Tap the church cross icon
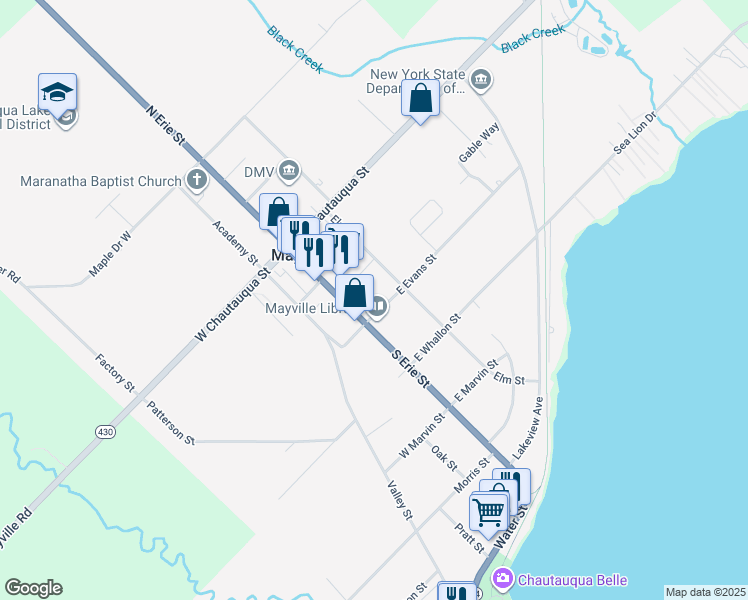pyautogui.click(x=197, y=181)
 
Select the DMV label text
pyautogui.click(x=259, y=172)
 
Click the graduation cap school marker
pyautogui.click(x=58, y=93)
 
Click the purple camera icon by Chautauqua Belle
pyautogui.click(x=504, y=579)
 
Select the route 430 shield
pyautogui.click(x=105, y=431)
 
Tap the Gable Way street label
pyautogui.click(x=478, y=145)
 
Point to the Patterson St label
pyautogui.click(x=170, y=422)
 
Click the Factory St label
pyautogui.click(x=115, y=371)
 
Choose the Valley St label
pyautogui.click(x=400, y=500)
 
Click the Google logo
pyautogui.click(x=33, y=588)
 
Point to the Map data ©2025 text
pyautogui.click(x=706, y=592)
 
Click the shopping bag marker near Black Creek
pyautogui.click(x=421, y=100)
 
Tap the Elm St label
pyautogui.click(x=509, y=380)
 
